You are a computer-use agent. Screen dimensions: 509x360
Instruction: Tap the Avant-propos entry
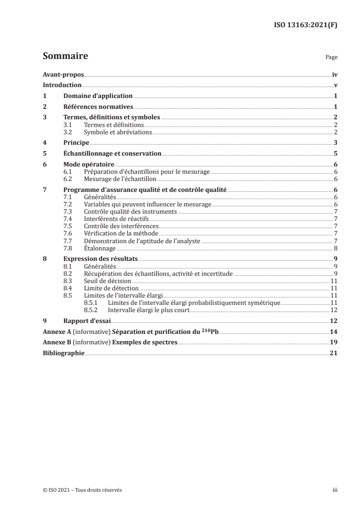coord(63,74)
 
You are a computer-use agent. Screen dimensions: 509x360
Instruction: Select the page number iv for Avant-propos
coord(335,74)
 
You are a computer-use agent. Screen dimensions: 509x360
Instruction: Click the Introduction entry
coord(62,85)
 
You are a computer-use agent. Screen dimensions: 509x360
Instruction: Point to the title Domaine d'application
coord(98,96)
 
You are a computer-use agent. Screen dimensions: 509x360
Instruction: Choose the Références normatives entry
coord(98,107)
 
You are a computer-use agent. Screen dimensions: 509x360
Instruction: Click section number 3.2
coord(68,132)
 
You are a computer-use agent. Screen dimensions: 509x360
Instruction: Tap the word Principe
coord(76,142)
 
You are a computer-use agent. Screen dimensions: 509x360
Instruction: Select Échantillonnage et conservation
coord(112,153)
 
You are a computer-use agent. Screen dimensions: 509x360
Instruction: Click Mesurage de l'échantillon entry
coord(114,179)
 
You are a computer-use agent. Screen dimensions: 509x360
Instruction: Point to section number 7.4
coord(68,219)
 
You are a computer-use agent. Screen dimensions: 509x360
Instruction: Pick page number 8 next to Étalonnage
coord(335,248)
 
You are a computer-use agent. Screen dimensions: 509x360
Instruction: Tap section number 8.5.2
coord(93,310)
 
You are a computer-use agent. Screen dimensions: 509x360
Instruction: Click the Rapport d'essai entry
coord(85,321)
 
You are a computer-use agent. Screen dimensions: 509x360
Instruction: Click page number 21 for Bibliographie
coord(334,352)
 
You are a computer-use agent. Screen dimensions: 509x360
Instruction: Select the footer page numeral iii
coord(335,490)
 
